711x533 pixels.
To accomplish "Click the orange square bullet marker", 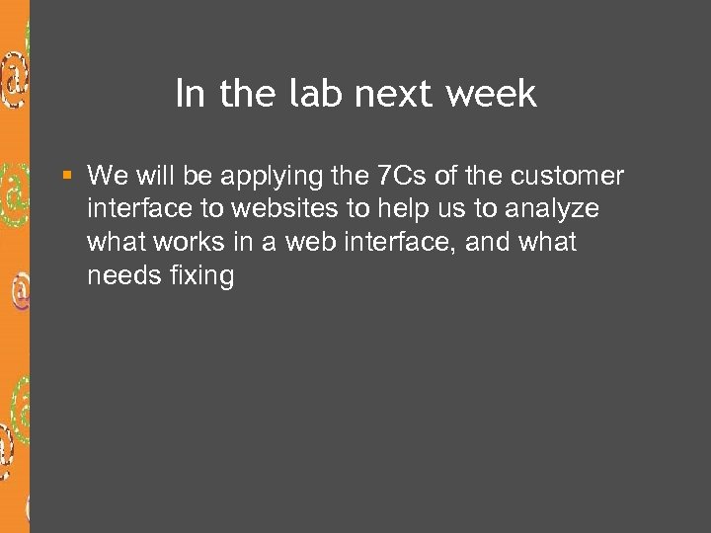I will (67, 176).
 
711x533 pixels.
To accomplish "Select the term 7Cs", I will (402, 176).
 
